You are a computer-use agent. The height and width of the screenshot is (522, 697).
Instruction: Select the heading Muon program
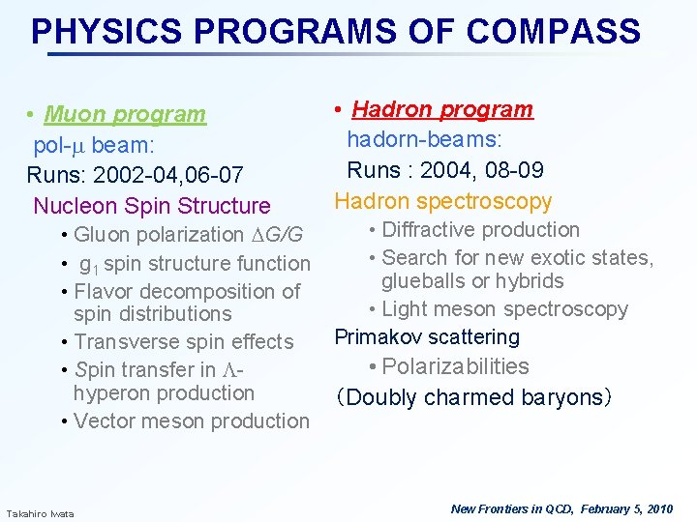125,114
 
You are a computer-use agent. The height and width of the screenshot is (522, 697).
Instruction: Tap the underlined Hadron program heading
442,109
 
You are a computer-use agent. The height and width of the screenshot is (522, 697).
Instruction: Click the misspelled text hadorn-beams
424,140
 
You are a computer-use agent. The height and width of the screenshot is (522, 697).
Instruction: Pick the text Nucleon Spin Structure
152,205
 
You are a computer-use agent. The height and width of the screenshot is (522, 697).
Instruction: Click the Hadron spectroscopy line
443,201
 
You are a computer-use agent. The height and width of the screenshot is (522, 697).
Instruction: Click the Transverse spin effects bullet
183,342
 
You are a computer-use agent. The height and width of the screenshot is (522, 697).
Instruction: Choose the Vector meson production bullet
191,420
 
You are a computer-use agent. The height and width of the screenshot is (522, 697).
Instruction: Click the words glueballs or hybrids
472,281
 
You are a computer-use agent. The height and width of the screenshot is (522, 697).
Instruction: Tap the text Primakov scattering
427,337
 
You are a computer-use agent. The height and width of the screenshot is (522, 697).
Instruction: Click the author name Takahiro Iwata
40,512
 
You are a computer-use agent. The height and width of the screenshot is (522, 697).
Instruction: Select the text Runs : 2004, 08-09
445,170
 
